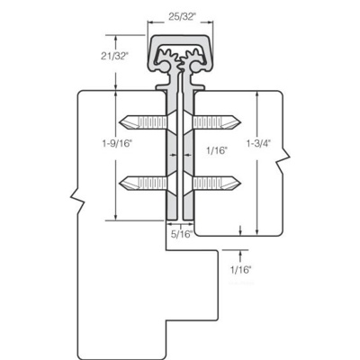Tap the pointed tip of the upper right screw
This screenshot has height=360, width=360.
[x=244, y=121]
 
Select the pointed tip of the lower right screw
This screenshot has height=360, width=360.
[x=244, y=183]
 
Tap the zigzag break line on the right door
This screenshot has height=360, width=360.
[x=286, y=161]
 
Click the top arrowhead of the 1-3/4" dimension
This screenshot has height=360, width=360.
[x=257, y=92]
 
